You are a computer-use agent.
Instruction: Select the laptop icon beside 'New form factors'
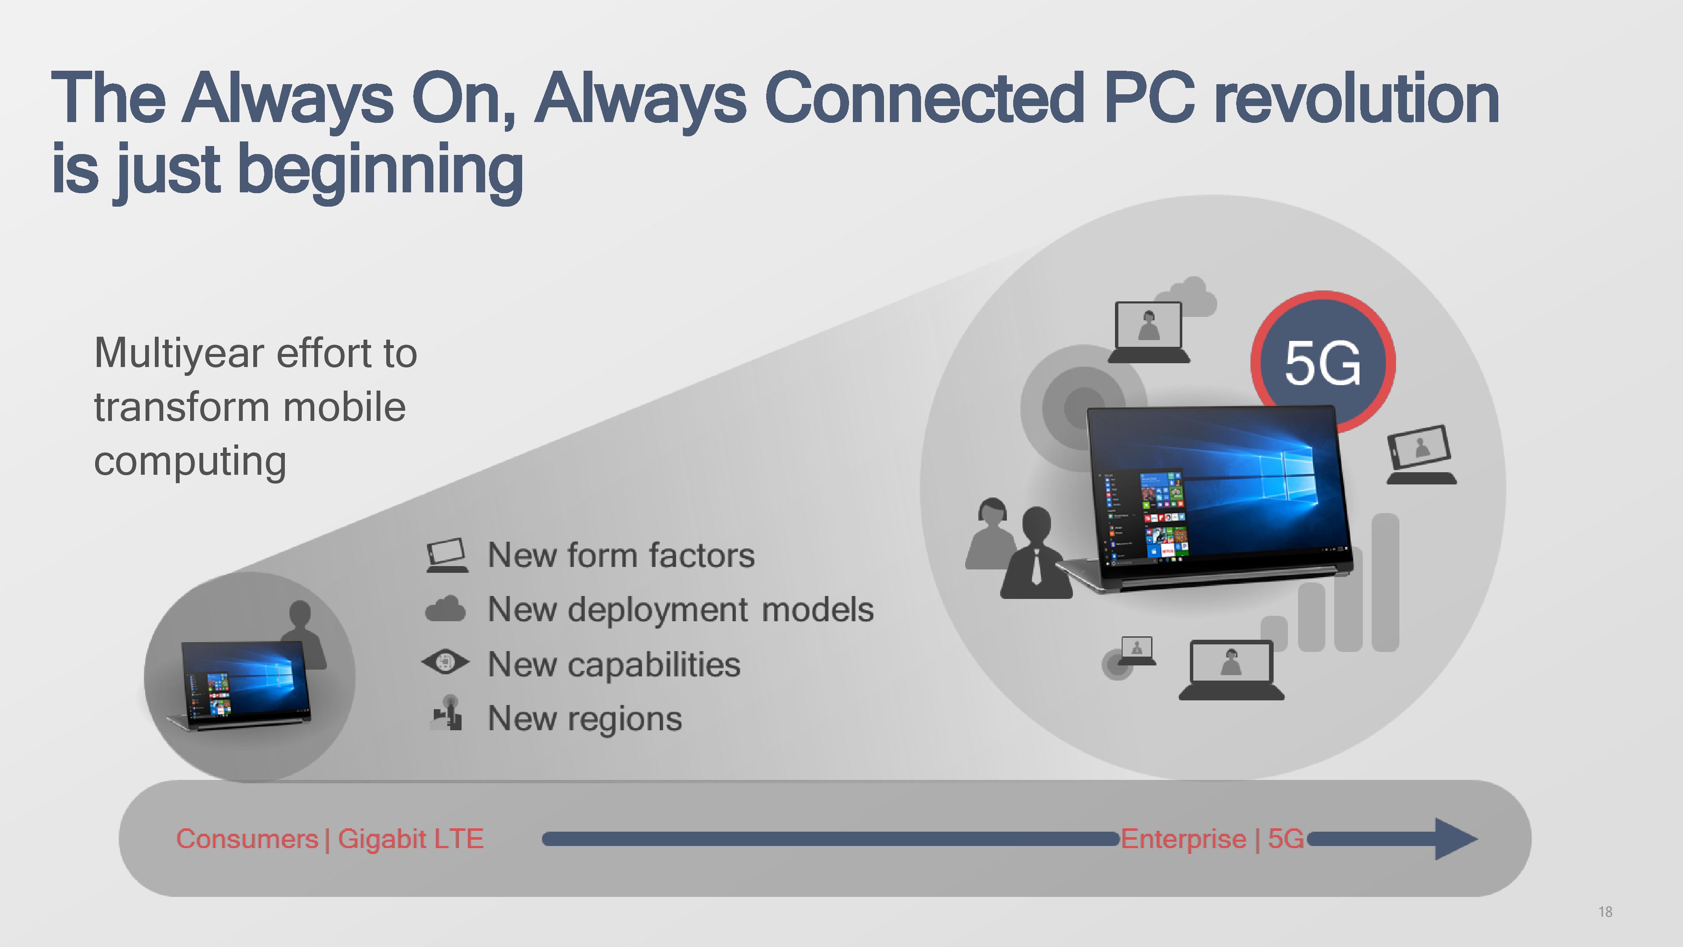point(447,555)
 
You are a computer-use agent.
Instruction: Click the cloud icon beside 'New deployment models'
point(446,609)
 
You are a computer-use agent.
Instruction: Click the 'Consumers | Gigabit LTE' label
point(330,838)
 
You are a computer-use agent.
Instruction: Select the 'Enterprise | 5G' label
point(1212,838)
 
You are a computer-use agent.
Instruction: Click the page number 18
point(1605,912)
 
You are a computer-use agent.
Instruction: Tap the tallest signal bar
point(1385,582)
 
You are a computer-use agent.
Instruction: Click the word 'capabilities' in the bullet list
point(653,665)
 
